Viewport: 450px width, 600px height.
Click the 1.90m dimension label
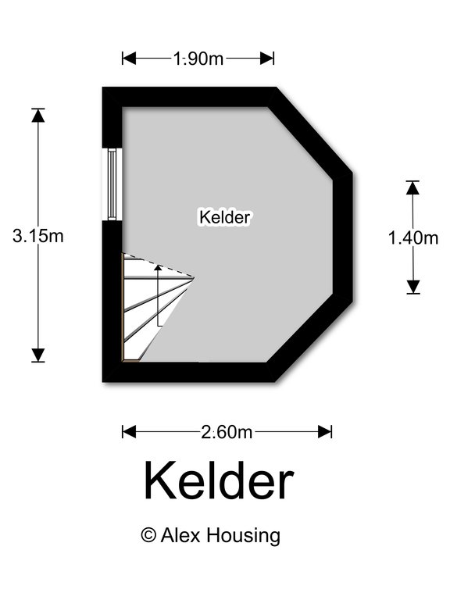pos(198,59)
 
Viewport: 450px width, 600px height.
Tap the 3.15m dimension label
pos(37,236)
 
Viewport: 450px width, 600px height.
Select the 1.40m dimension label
pos(412,237)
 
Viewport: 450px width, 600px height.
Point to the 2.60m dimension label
pos(227,432)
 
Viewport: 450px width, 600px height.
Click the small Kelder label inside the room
pos(225,217)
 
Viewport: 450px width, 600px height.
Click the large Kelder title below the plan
pos(219,481)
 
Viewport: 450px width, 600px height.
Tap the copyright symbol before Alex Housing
pos(148,534)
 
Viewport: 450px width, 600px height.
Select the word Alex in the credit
pos(180,534)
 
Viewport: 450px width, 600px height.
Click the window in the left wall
pos(112,184)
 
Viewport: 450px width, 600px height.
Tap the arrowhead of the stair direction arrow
pos(158,267)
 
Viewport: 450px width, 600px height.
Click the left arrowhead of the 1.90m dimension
pos(130,59)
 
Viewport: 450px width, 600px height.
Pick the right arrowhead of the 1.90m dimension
pos(267,59)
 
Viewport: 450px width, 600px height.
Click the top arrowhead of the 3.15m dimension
pos(37,116)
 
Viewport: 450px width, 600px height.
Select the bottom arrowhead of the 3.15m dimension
pos(37,355)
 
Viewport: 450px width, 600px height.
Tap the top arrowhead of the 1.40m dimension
pos(412,187)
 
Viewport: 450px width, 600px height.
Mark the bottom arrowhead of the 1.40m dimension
pos(412,287)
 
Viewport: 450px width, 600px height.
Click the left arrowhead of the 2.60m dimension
pos(130,432)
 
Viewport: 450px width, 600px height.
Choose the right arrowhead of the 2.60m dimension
pos(325,432)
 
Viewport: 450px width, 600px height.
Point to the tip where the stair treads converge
pos(194,278)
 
